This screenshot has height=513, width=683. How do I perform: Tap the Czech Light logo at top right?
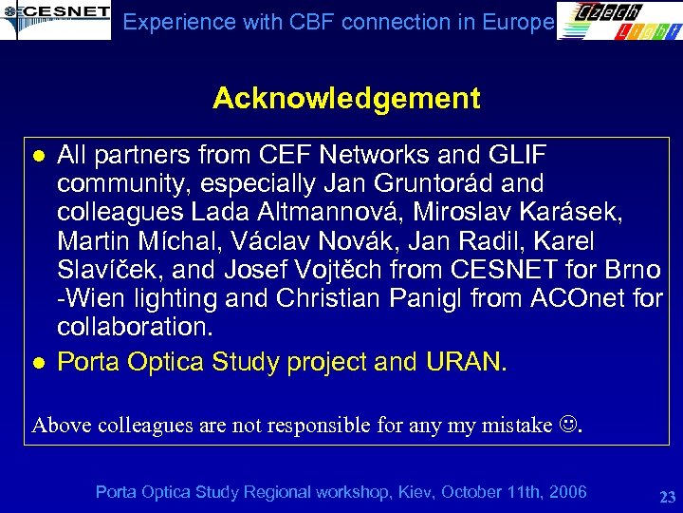(618, 21)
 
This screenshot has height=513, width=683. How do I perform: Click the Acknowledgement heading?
(346, 98)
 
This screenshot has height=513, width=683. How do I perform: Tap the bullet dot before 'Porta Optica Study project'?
(39, 362)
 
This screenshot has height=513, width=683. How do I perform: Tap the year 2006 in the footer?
(565, 491)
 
